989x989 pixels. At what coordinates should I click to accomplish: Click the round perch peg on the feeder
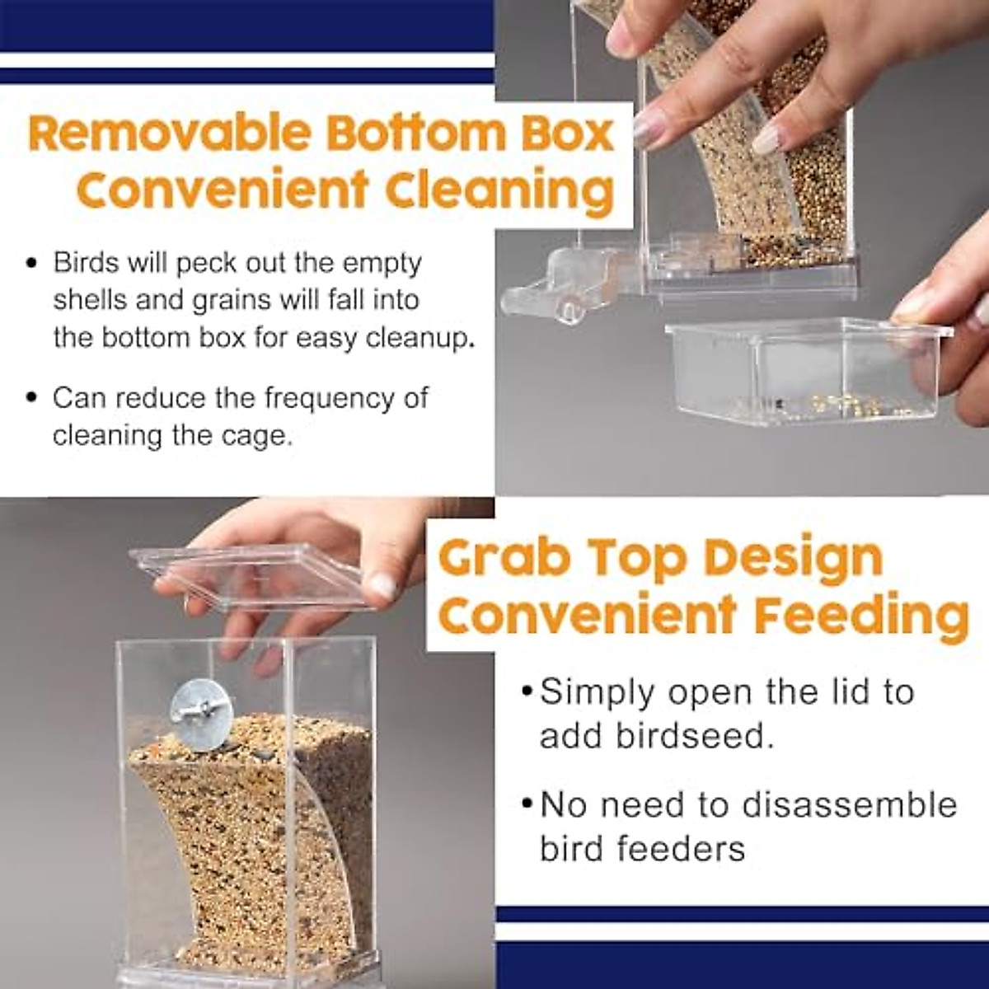click(567, 310)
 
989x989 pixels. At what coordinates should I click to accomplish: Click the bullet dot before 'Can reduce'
click(32, 399)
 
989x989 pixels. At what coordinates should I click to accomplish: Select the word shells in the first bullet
click(90, 300)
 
